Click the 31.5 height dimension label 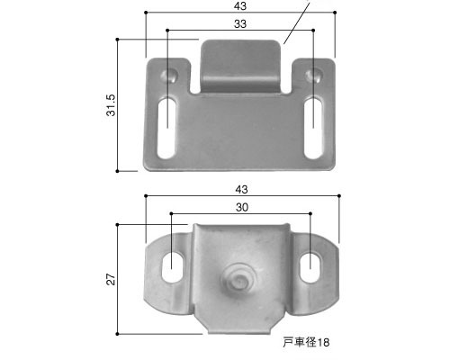point(112,105)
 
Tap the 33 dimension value point(240,24)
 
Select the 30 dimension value point(242,207)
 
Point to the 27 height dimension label point(112,279)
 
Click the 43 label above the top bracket point(240,6)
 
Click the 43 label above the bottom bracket point(242,190)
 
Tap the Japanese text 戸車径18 point(306,342)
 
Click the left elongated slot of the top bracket point(166,128)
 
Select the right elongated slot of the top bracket point(313,128)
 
